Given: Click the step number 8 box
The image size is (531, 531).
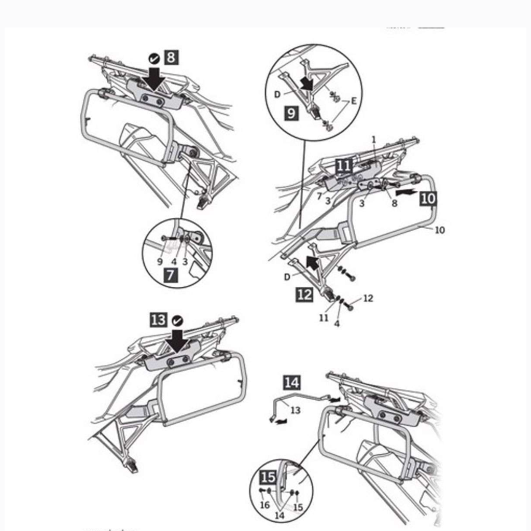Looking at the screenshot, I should tap(171, 57).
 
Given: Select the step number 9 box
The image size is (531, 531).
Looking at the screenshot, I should tap(292, 113).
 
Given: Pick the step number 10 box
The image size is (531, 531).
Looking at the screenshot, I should tap(429, 198).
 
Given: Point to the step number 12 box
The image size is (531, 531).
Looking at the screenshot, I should tap(304, 295).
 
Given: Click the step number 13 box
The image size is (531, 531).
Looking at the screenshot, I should tap(159, 320).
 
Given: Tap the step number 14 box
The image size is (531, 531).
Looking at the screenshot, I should tap(292, 383).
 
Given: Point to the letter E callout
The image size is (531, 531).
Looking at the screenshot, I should tap(354, 102).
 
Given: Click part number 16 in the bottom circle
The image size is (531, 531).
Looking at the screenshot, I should tap(265, 505).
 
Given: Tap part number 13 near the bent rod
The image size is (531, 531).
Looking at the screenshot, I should tap(295, 410).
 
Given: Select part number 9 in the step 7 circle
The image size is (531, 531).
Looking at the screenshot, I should tap(160, 262).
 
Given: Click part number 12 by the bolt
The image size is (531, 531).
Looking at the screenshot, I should tap(368, 298).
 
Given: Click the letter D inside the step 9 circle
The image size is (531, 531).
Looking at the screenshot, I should tap(277, 94).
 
